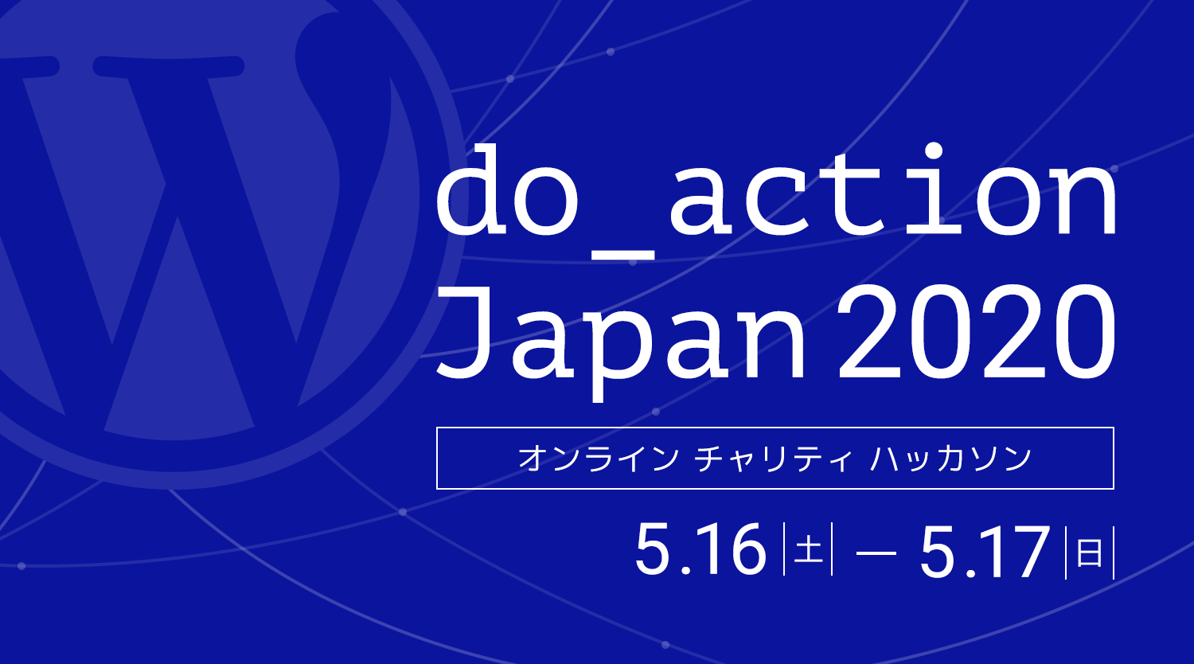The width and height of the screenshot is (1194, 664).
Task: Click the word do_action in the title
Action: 776,199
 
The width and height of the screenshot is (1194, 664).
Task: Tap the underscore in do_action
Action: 620,254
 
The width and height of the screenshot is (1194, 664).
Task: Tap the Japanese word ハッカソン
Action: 951,459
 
